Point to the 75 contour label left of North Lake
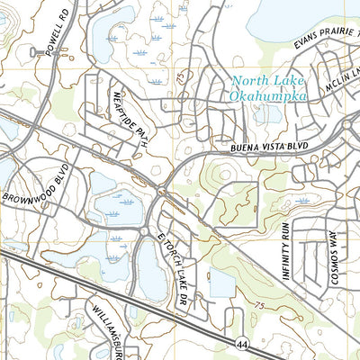click(181, 80)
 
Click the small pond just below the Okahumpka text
click(266, 114)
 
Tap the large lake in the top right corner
click(297, 18)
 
